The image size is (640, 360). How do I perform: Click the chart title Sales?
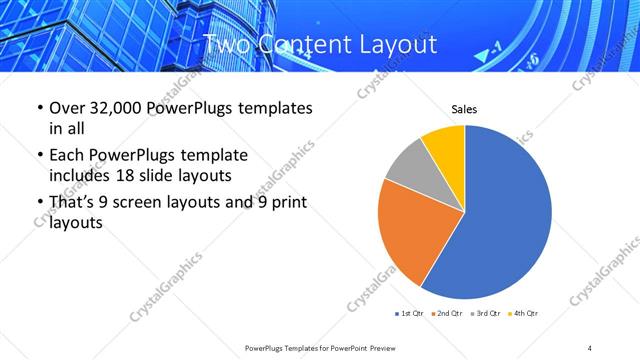coord(464,109)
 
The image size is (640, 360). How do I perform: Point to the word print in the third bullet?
coord(290,202)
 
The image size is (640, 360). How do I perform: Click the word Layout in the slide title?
coord(395,45)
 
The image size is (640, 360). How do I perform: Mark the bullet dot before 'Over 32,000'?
coord(38,108)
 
